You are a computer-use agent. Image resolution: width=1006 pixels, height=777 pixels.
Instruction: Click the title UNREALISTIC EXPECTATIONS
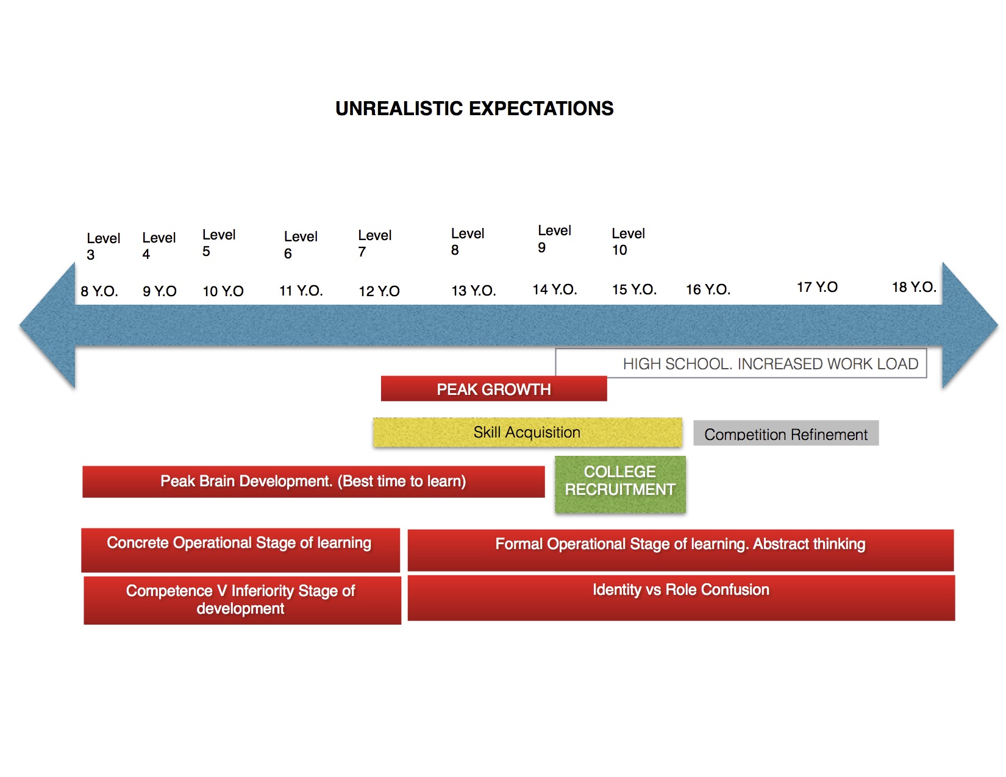point(474,108)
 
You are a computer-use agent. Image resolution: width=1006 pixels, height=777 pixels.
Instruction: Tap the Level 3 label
point(103,246)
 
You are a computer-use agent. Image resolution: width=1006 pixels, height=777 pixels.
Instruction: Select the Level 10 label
point(628,241)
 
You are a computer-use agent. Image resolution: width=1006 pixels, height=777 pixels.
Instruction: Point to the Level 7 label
point(374,243)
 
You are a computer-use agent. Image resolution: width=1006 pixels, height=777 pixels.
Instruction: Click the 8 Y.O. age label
point(99,291)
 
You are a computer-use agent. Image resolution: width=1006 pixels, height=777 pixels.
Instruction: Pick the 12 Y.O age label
point(379,291)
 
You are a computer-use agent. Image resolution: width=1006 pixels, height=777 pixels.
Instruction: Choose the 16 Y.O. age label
point(708,289)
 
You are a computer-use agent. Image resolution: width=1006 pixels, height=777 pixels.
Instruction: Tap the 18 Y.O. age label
point(914,288)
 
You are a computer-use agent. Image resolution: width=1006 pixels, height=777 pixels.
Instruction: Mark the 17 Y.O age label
point(817,288)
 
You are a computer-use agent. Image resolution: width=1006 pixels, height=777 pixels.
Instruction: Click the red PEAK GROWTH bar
point(493,389)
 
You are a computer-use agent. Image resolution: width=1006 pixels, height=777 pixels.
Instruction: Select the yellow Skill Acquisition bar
point(527,432)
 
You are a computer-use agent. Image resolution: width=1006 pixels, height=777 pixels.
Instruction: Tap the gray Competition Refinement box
point(786,433)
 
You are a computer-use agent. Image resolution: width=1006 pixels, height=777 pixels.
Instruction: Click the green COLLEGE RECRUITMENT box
point(620,484)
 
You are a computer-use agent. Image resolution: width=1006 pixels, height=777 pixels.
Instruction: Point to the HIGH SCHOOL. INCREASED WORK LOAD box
point(741,363)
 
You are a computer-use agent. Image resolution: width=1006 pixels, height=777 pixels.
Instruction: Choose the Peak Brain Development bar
point(313,482)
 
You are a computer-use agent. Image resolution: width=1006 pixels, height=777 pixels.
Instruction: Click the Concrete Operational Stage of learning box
point(240,550)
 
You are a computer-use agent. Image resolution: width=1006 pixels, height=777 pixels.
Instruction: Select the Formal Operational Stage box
point(680,550)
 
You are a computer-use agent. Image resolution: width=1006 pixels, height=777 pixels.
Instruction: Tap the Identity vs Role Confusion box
point(681,598)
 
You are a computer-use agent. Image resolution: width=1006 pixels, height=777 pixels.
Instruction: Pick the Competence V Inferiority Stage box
point(242,600)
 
